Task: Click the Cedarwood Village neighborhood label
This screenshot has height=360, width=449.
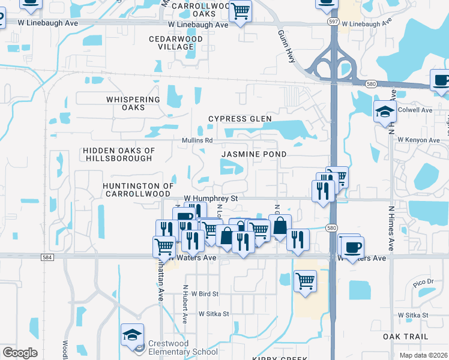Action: [172, 43]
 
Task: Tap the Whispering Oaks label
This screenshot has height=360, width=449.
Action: [133, 103]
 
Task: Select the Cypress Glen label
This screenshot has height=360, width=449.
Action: [236, 119]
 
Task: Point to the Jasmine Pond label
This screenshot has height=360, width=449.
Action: [253, 154]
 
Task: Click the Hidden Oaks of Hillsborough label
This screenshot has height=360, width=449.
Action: [119, 154]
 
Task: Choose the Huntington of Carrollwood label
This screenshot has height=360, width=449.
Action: [138, 190]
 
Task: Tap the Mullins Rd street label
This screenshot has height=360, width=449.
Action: [197, 140]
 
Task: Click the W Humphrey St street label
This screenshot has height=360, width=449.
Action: [211, 198]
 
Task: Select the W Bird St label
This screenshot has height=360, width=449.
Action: [201, 294]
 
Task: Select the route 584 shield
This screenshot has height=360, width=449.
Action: [47, 257]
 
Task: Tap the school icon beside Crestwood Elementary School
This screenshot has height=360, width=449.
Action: [132, 335]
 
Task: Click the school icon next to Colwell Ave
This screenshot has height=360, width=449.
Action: [384, 112]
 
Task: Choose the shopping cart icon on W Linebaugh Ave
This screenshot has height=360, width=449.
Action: [240, 11]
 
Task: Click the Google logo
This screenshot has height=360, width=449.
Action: [20, 352]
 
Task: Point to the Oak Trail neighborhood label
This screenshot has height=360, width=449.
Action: [405, 337]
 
